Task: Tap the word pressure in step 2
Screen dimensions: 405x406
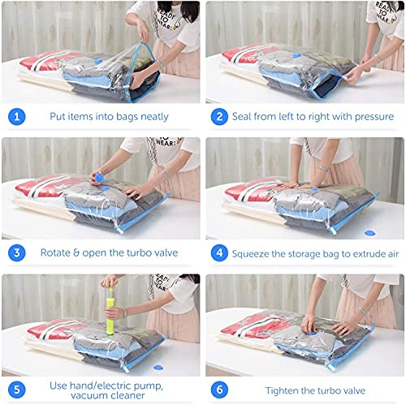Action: [x=371, y=117]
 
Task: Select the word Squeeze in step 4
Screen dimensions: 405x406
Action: [x=257, y=252]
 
